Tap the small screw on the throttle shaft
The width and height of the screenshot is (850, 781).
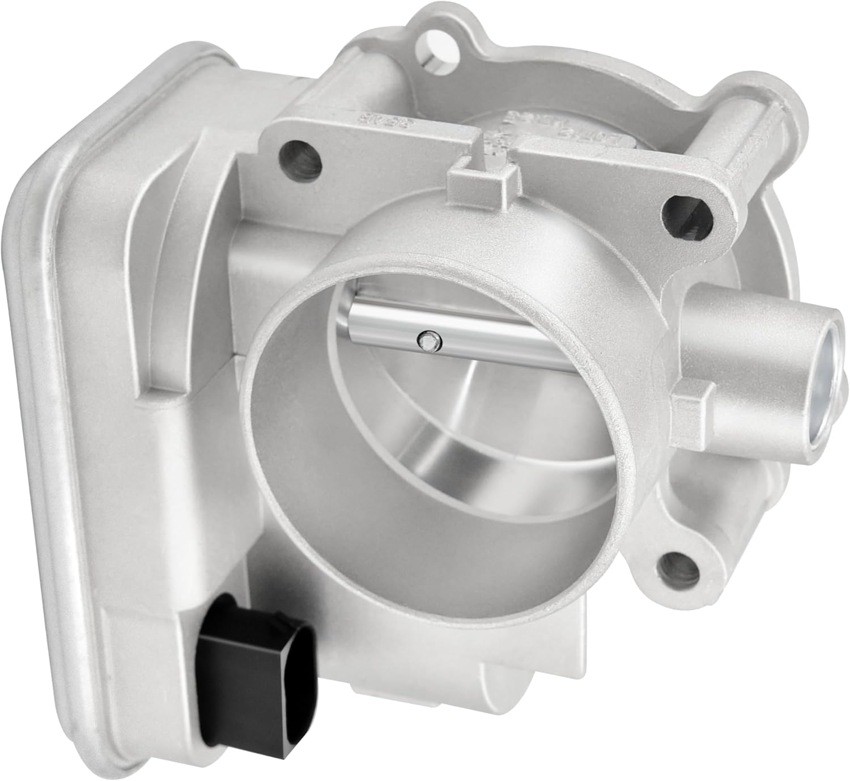click(x=427, y=342)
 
